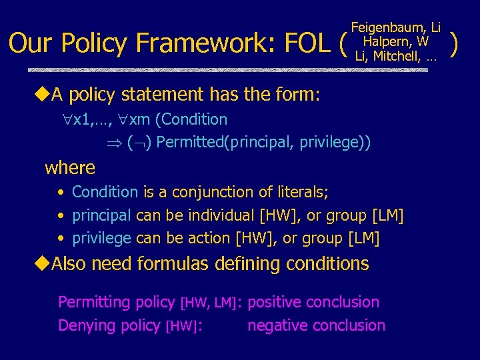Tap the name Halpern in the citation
[x=385, y=41]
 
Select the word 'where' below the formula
[x=70, y=167]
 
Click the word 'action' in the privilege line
[x=209, y=238]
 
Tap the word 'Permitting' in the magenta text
[x=94, y=302]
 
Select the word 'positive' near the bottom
[x=276, y=302]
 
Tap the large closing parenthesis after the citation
[x=455, y=42]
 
